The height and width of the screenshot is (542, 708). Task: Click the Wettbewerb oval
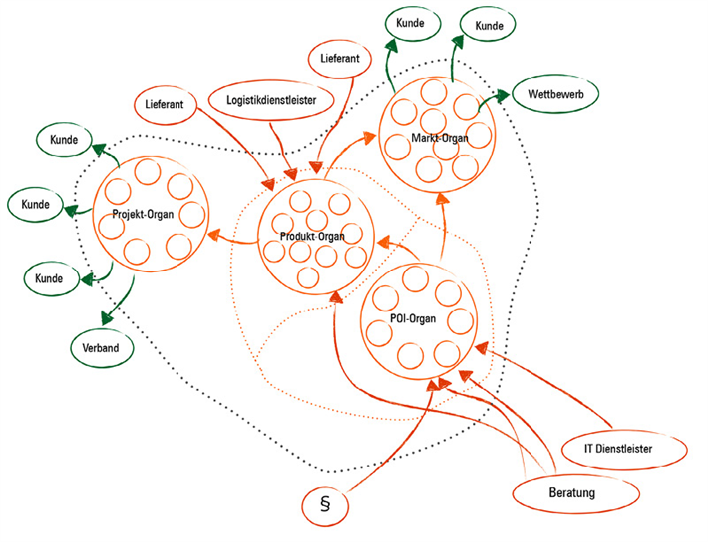[x=555, y=95]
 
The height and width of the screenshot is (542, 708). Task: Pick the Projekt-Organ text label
[x=137, y=213]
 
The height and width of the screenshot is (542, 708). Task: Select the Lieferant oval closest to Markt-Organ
[x=341, y=59]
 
